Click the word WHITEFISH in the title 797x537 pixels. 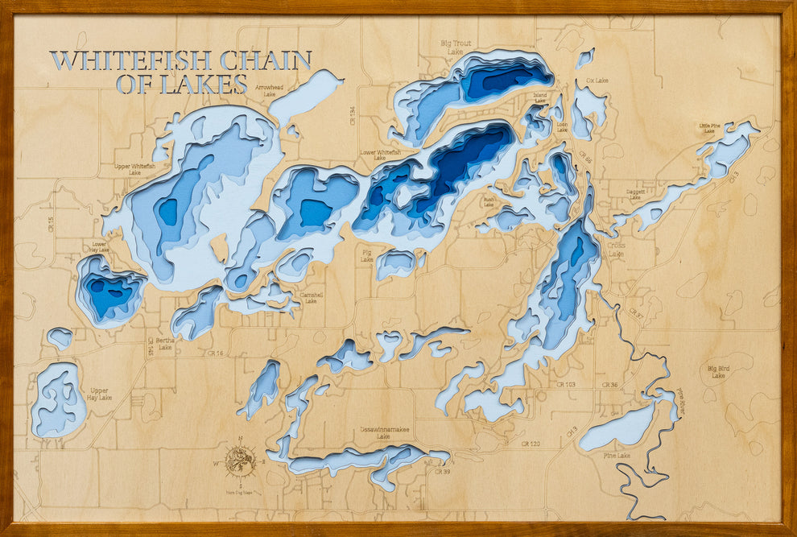click(130, 61)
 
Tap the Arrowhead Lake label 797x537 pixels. click(269, 90)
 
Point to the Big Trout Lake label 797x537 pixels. click(456, 47)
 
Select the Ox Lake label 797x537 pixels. click(597, 81)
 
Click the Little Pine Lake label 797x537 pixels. click(709, 127)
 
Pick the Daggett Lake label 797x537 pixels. click(635, 196)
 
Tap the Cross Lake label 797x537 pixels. click(616, 249)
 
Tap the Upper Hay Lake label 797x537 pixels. click(100, 394)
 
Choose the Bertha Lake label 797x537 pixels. click(165, 343)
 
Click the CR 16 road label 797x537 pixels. click(214, 353)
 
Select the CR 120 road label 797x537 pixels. click(530, 444)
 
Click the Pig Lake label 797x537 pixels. click(366, 256)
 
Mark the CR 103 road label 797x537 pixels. click(565, 385)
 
